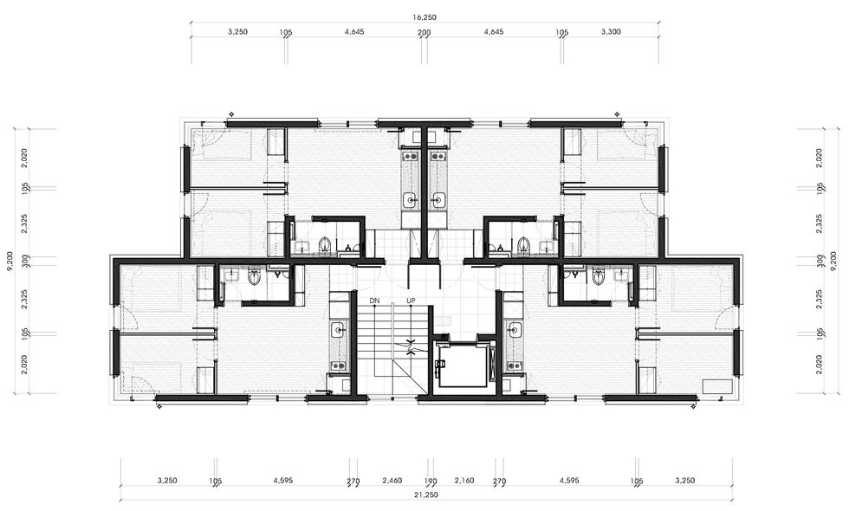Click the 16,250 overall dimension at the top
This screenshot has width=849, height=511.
pyautogui.click(x=424, y=17)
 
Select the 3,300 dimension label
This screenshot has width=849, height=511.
pyautogui.click(x=611, y=31)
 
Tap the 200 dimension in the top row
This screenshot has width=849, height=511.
pyautogui.click(x=424, y=33)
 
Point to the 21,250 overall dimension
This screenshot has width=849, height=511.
pyautogui.click(x=426, y=495)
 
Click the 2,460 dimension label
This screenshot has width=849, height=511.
pyautogui.click(x=392, y=480)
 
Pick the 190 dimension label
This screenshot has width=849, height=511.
pyautogui.click(x=431, y=481)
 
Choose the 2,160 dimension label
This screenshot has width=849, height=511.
pyautogui.click(x=464, y=480)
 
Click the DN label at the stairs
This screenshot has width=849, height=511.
pyautogui.click(x=374, y=301)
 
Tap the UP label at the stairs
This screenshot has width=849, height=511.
pyautogui.click(x=411, y=301)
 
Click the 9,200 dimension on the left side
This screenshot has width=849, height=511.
pyautogui.click(x=10, y=261)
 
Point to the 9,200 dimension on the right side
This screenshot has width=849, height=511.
pyautogui.click(x=839, y=261)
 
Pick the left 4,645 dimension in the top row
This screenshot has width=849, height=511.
pyautogui.click(x=354, y=31)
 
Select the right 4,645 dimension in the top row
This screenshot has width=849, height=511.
pyautogui.click(x=494, y=31)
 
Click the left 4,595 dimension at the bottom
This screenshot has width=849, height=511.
pyautogui.click(x=283, y=480)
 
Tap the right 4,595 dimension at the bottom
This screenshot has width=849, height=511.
pyautogui.click(x=568, y=480)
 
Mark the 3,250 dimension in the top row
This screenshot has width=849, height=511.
pyautogui.click(x=237, y=31)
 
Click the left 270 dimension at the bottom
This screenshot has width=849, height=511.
pyautogui.click(x=353, y=481)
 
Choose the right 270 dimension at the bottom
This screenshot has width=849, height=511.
pyautogui.click(x=499, y=481)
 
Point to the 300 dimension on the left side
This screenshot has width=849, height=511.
pyautogui.click(x=24, y=261)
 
